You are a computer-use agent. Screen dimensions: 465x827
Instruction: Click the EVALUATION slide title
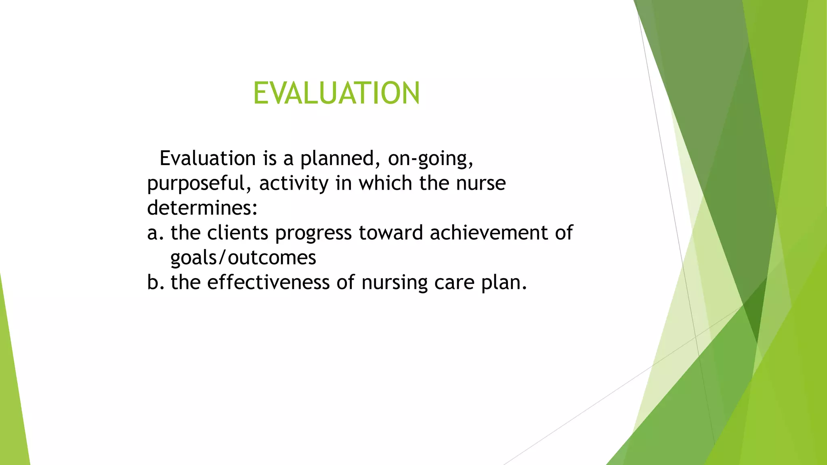336,93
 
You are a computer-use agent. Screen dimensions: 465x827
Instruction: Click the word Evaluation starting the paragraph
208,158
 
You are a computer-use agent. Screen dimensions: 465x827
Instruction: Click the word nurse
481,183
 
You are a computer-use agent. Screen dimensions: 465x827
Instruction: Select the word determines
202,208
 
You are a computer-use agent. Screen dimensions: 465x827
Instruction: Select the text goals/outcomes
243,258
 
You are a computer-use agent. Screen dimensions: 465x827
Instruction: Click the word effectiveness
269,282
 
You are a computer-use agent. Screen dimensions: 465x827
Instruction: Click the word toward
390,233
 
